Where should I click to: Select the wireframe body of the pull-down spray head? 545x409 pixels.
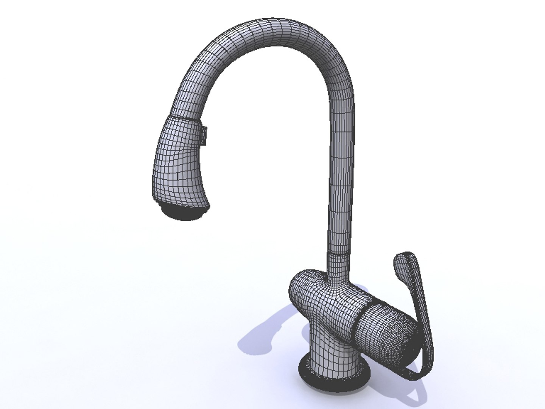[x=178, y=163]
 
